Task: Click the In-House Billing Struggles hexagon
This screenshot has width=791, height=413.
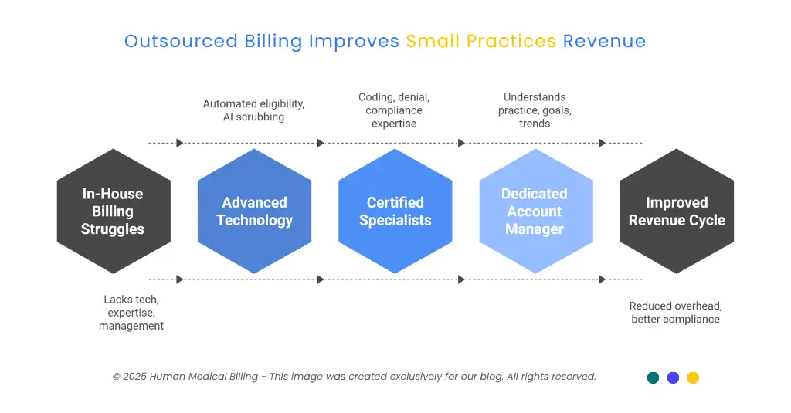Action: click(114, 212)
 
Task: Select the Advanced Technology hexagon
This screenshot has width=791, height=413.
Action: click(254, 212)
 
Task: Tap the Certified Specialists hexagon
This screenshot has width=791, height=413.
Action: click(395, 212)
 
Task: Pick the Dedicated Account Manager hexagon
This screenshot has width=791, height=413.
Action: click(535, 212)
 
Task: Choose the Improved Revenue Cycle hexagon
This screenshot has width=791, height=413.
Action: click(677, 212)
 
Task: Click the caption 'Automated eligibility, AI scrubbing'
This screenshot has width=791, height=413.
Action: click(253, 110)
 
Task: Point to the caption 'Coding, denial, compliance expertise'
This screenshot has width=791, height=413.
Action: click(394, 110)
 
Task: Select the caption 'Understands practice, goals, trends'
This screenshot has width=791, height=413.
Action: click(535, 110)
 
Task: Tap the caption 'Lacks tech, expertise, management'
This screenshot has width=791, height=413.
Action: click(131, 313)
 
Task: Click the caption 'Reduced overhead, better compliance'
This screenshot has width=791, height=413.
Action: click(676, 313)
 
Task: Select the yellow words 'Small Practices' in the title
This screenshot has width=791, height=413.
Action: click(480, 41)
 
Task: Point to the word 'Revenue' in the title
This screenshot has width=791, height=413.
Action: click(604, 41)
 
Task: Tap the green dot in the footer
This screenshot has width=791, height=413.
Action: click(654, 377)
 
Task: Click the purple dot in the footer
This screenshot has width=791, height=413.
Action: click(673, 377)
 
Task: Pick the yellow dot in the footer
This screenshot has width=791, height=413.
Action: click(693, 377)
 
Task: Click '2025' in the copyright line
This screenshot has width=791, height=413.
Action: click(134, 377)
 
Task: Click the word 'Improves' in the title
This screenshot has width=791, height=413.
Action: click(354, 41)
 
